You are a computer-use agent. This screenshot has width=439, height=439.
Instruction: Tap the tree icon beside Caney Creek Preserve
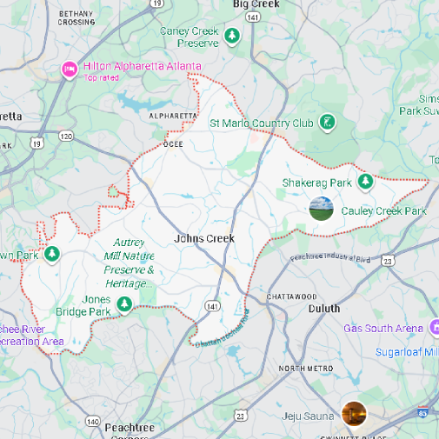pos(232,36)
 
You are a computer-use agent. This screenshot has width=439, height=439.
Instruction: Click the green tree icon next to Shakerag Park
pos(366,181)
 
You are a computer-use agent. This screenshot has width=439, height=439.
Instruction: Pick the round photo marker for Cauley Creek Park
pos(321,208)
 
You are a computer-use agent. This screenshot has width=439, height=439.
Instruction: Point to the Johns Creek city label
pos(204,238)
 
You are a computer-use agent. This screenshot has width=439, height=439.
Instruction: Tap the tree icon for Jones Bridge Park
pos(124,304)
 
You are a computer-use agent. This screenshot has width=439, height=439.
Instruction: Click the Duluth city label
pos(324,309)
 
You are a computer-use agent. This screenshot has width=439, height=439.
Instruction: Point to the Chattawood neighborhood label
pos(292,296)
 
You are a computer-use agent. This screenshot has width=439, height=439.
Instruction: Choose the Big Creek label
pos(256,5)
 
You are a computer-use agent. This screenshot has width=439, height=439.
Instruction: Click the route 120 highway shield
pos(66,136)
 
